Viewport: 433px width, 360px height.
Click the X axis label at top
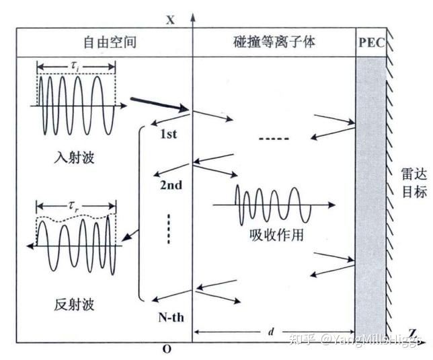tap(170, 20)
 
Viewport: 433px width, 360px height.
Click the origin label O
tap(167, 349)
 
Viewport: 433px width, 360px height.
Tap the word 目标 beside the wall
tap(410, 193)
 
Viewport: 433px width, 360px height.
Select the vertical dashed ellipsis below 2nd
tap(169, 229)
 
